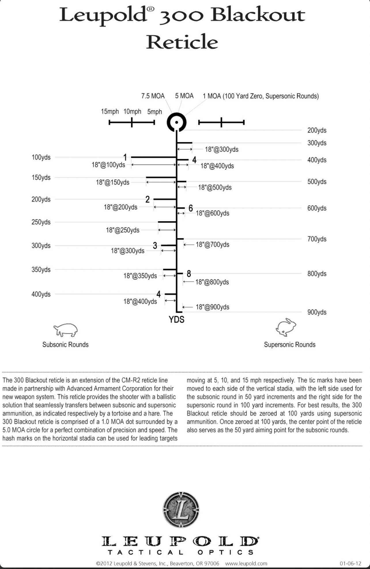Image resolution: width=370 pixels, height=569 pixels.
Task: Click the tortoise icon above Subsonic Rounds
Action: [66, 330]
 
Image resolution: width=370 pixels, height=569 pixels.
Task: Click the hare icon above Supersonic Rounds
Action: [286, 327]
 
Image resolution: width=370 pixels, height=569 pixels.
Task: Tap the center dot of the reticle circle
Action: [177, 122]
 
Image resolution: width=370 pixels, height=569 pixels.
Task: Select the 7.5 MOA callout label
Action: [153, 96]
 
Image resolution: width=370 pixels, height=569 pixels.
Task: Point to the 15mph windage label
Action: [110, 111]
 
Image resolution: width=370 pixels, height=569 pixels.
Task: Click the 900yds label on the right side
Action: [317, 312]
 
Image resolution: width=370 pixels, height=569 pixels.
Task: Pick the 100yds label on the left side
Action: [41, 157]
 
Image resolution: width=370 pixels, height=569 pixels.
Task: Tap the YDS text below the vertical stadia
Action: [176, 320]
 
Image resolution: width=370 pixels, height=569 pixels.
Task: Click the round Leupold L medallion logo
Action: [181, 510]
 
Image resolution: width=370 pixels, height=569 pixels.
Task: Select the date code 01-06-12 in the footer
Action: [350, 564]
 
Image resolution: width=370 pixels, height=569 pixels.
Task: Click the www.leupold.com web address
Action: [246, 564]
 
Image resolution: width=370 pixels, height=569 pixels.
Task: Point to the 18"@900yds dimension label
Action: [212, 307]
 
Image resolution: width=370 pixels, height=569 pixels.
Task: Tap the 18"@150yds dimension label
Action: [113, 182]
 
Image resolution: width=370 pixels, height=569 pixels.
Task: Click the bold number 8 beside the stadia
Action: [189, 273]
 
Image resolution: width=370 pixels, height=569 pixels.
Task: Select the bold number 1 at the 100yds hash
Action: [125, 157]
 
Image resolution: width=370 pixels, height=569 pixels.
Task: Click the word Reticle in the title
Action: [182, 42]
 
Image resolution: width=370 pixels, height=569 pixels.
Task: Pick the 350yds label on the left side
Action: [41, 270]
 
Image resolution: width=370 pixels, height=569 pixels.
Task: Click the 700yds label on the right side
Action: [317, 239]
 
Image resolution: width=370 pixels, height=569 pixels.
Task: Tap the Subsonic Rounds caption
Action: [65, 345]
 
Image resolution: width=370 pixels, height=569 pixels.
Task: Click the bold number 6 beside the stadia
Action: [190, 208]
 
